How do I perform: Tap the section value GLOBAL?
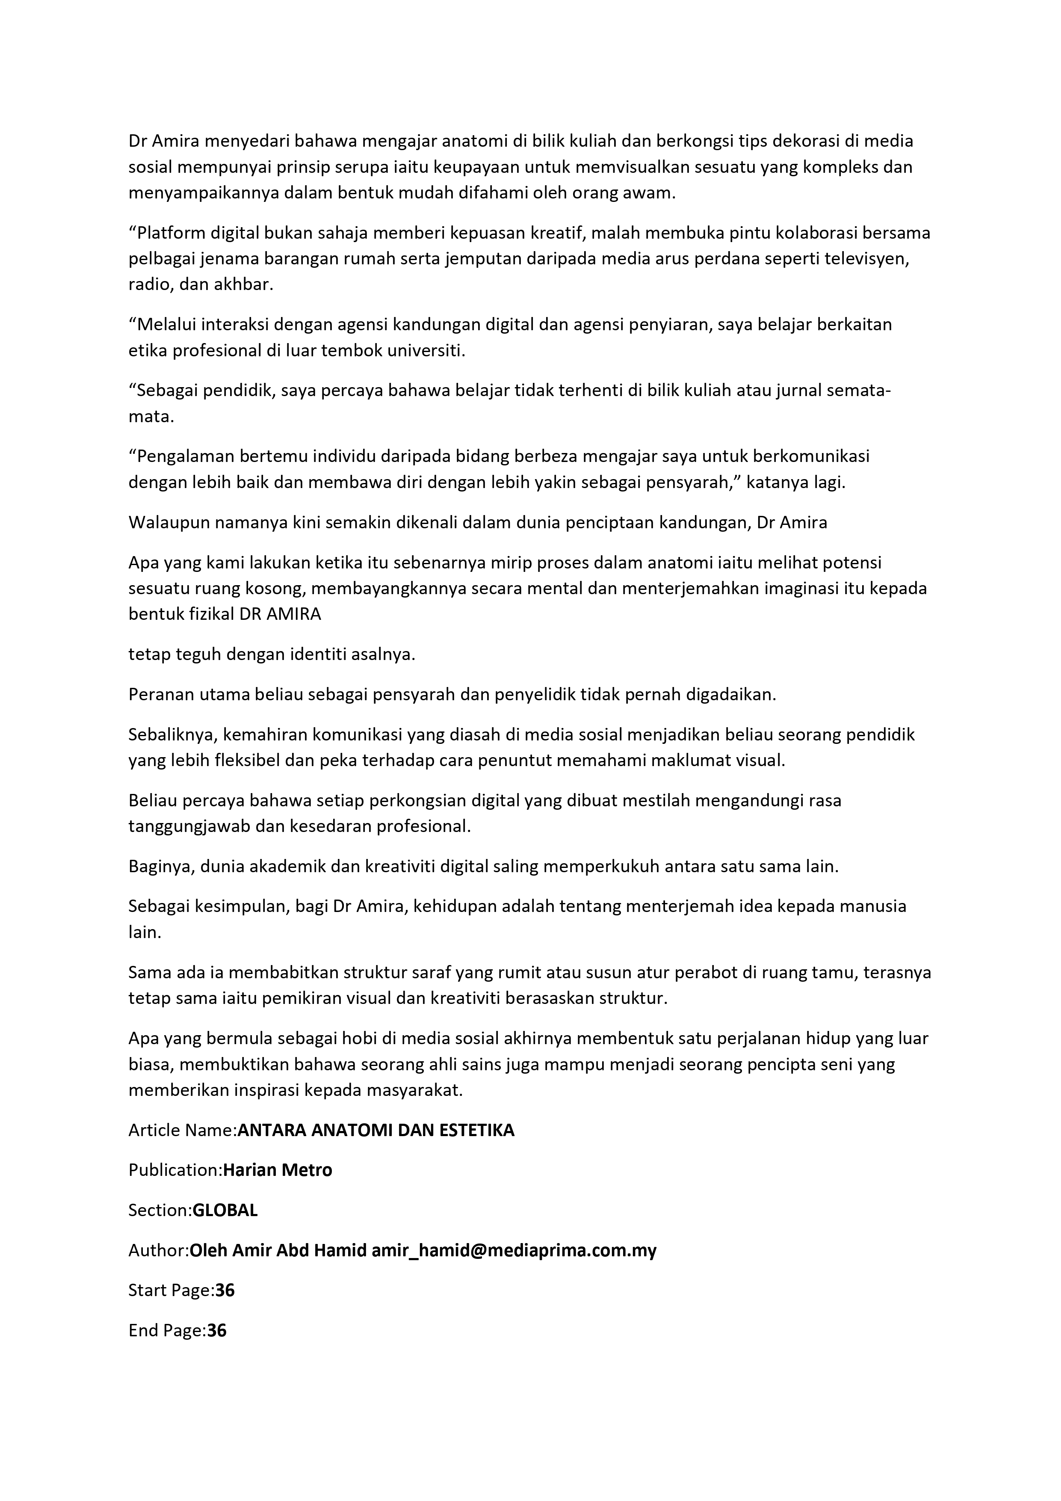tap(225, 1210)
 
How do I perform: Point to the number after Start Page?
tap(225, 1291)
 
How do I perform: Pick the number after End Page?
tap(217, 1330)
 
